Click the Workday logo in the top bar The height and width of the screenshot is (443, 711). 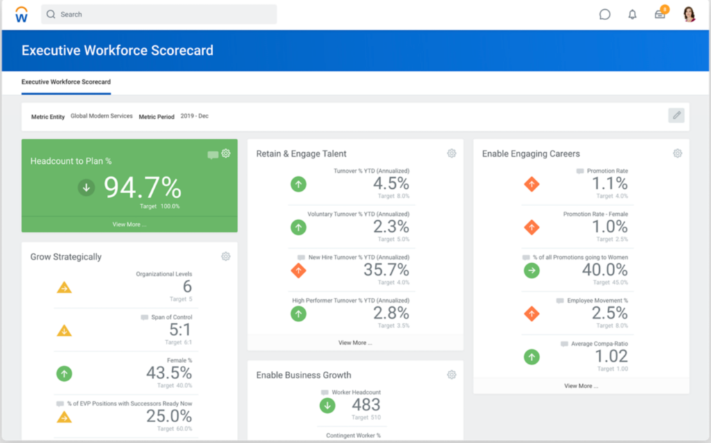[22, 14]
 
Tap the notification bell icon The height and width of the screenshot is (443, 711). [632, 15]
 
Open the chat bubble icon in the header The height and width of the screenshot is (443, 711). [605, 15]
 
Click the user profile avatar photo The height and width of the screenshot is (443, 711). [689, 15]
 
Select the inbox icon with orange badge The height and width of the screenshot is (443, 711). [660, 14]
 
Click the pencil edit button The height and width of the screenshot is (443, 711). [676, 115]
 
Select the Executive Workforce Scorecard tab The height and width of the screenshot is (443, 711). [66, 82]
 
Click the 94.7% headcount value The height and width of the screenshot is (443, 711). [142, 187]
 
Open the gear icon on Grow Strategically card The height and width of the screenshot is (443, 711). [226, 256]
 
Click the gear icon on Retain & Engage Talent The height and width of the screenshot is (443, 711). [451, 153]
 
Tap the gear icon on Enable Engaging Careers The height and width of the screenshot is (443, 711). [677, 153]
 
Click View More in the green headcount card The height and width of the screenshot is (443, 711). [129, 224]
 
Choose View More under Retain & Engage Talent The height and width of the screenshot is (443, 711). [355, 342]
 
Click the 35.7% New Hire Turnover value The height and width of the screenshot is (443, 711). [386, 270]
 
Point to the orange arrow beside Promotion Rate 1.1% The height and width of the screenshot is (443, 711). [531, 185]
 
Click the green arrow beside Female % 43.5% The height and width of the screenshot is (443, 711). [64, 374]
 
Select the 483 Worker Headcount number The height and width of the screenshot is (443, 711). [366, 405]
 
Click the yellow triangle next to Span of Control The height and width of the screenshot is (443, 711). [64, 331]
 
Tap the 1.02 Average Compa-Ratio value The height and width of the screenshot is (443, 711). [611, 356]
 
